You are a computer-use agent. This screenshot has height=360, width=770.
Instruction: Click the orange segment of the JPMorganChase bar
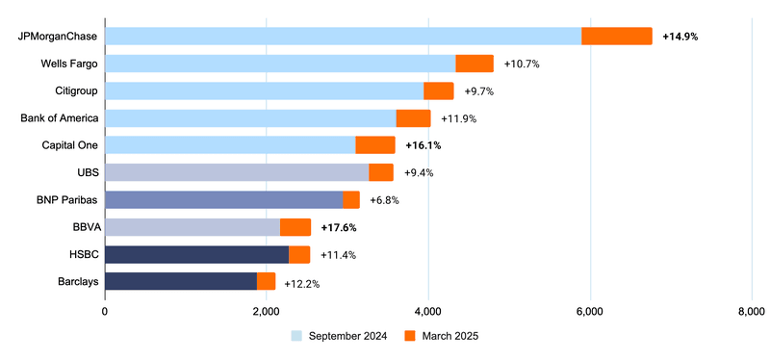click(617, 36)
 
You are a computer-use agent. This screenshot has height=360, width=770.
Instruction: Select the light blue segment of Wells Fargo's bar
click(280, 64)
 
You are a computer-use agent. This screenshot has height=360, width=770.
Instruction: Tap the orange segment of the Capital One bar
click(375, 145)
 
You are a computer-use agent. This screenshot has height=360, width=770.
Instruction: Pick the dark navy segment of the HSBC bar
click(196, 254)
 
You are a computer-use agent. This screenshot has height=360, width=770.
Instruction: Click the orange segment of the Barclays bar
click(266, 281)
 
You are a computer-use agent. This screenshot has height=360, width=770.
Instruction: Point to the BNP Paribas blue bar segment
click(223, 199)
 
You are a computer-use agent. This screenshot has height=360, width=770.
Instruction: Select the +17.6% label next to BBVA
click(340, 228)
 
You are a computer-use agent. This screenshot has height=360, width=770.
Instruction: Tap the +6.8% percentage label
click(384, 200)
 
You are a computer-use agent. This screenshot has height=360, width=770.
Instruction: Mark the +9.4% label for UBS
click(419, 173)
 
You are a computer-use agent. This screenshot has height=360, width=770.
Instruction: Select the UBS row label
click(84, 172)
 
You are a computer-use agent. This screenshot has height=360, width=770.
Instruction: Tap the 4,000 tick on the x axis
click(428, 312)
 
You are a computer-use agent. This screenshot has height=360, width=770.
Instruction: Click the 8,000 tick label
click(751, 312)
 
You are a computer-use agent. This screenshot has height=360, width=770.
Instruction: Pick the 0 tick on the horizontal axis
click(105, 312)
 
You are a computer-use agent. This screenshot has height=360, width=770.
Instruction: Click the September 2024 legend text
click(347, 336)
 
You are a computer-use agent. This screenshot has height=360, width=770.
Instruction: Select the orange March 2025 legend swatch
click(409, 336)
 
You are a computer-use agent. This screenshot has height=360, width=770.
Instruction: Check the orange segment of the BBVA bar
click(295, 227)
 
